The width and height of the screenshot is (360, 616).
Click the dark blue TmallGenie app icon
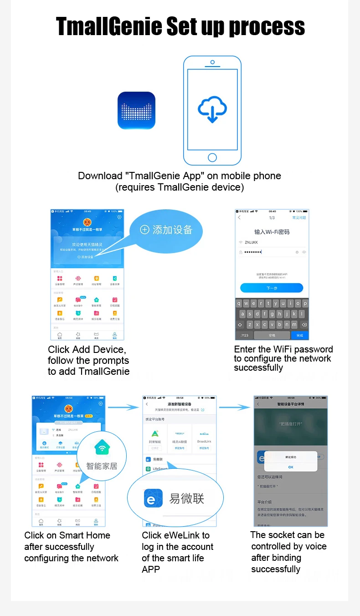[136, 110]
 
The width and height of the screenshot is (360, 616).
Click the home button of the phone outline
[212, 157]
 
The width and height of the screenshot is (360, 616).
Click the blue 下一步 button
[272, 288]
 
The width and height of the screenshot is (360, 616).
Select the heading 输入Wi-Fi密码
[272, 232]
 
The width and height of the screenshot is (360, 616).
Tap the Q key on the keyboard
[240, 303]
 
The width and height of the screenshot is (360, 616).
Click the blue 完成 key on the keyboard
[299, 335]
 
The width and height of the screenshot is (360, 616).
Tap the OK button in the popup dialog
[291, 467]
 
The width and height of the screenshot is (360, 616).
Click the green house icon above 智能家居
[102, 449]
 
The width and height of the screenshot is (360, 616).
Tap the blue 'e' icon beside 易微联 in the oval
[150, 499]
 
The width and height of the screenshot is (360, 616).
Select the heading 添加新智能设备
[180, 404]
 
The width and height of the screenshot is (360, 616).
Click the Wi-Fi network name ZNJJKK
[251, 243]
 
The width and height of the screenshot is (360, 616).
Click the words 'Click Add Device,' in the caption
[87, 350]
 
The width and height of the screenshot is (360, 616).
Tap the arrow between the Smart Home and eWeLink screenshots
[123, 407]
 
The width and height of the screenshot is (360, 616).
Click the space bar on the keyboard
[272, 335]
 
